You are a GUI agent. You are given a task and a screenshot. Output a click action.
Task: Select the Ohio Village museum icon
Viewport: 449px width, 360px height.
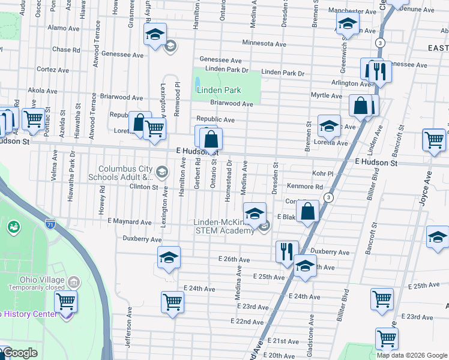(x=73, y=281)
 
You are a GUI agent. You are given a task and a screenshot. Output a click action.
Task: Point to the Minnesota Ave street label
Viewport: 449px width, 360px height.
(x=264, y=44)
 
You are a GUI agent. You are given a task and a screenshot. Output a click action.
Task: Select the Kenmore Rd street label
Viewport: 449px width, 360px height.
(x=304, y=187)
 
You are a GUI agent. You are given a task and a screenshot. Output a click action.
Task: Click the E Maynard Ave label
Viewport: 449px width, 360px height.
(x=130, y=222)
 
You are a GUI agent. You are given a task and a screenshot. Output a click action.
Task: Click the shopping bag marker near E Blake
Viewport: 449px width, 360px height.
(x=307, y=212)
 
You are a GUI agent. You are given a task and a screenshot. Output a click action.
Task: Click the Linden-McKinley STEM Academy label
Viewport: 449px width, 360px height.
(x=224, y=227)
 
